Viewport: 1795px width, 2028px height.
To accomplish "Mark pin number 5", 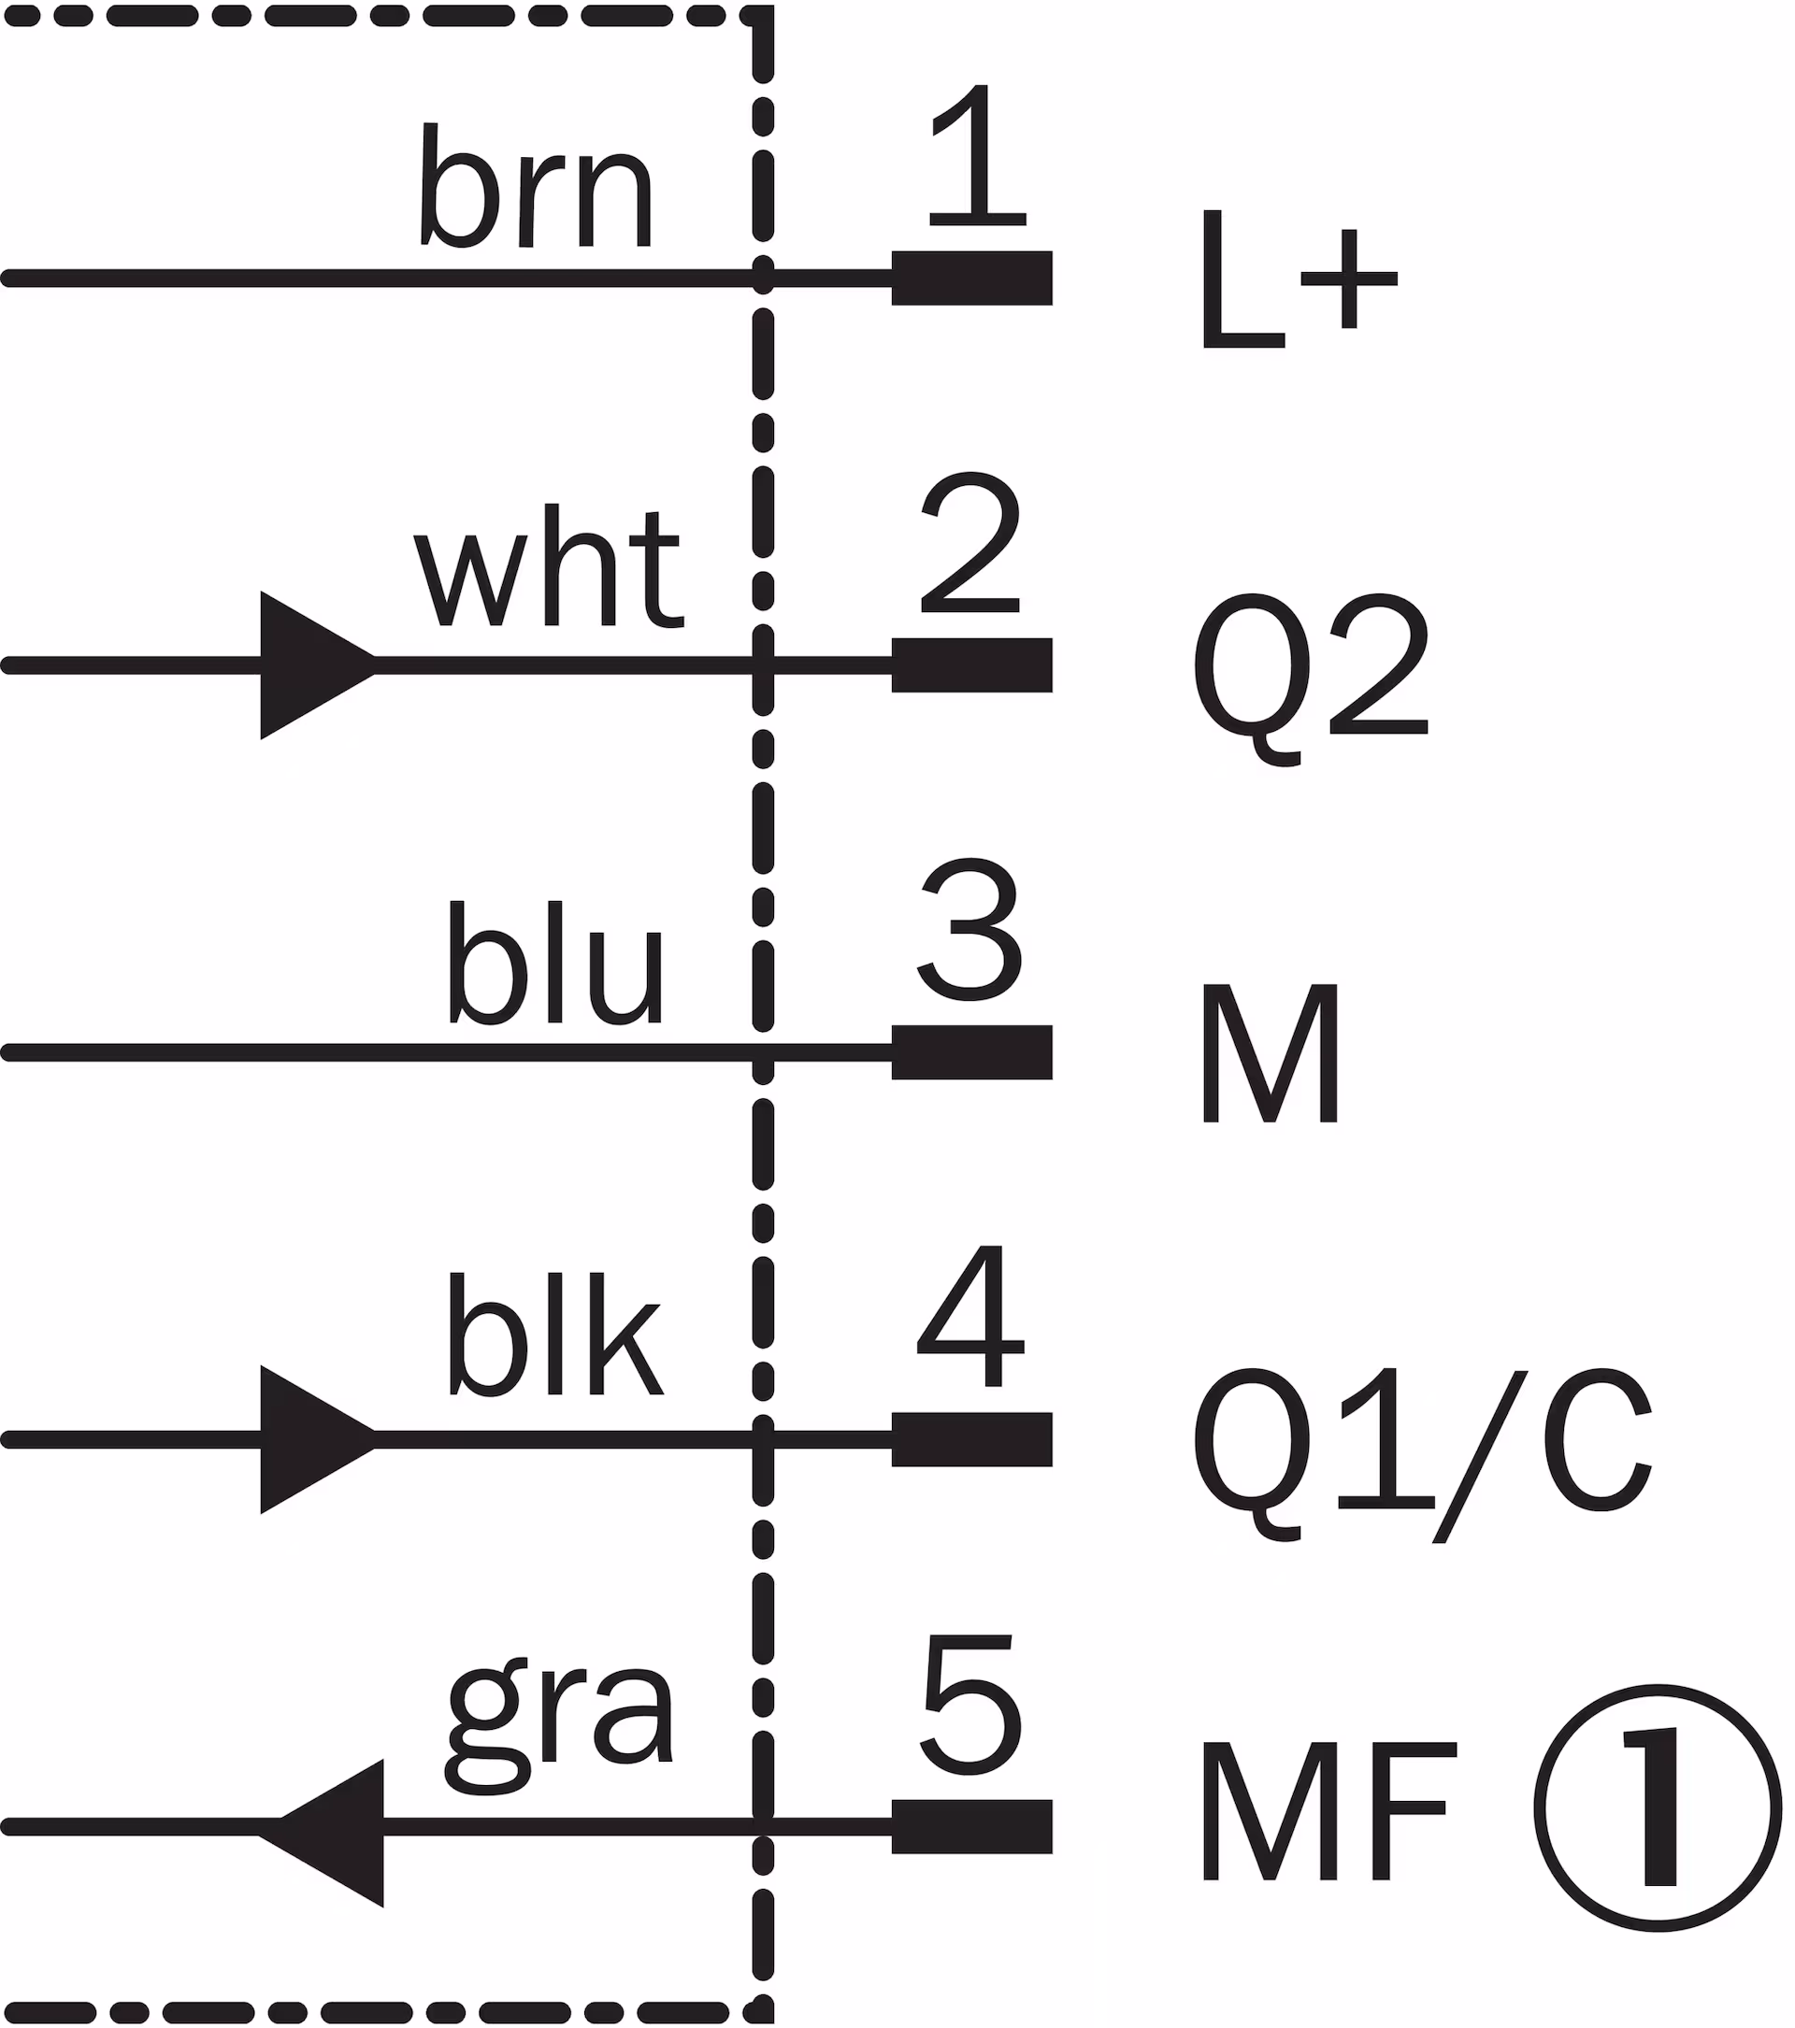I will [970, 1704].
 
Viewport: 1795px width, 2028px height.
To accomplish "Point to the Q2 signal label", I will [1310, 678].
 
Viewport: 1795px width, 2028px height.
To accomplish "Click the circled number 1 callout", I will [1659, 1807].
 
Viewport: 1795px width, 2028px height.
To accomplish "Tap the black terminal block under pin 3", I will [971, 1052].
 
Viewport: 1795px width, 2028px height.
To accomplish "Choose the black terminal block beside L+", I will [971, 278].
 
